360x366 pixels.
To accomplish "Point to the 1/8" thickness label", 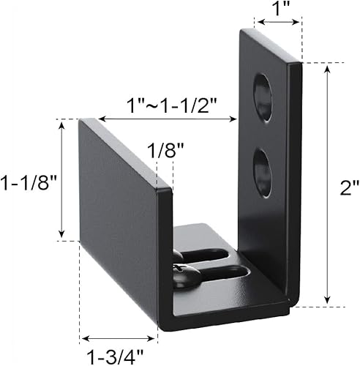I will point(165,152).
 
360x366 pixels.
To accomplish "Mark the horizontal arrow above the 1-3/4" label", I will point(119,338).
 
